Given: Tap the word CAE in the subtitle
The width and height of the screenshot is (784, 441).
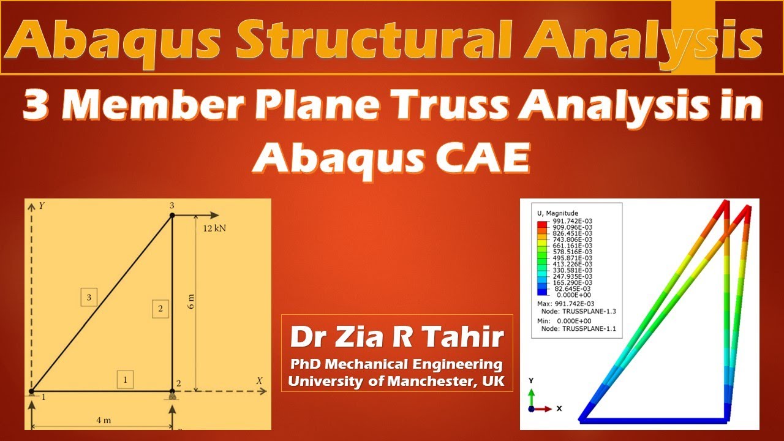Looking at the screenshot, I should point(486,158).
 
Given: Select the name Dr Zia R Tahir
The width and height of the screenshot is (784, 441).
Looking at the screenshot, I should point(397,337).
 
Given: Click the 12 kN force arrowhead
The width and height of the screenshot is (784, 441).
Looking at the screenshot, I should point(214,215).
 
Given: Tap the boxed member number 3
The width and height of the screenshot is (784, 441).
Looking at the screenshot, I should point(89,298).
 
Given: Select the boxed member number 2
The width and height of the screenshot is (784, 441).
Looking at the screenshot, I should point(160,309).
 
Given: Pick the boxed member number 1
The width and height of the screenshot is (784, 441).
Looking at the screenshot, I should point(125,380).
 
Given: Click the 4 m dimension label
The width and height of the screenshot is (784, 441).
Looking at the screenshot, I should point(103,421).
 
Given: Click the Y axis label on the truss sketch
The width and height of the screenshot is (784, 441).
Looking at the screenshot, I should point(42,206).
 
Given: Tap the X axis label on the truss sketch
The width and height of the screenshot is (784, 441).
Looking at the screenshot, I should point(259,381).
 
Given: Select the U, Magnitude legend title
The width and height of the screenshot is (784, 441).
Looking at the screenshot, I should point(557,213).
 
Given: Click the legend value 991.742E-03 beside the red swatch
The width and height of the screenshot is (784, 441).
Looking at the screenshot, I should point(573,221).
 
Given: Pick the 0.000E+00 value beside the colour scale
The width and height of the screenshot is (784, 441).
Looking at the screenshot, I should point(573,295).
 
